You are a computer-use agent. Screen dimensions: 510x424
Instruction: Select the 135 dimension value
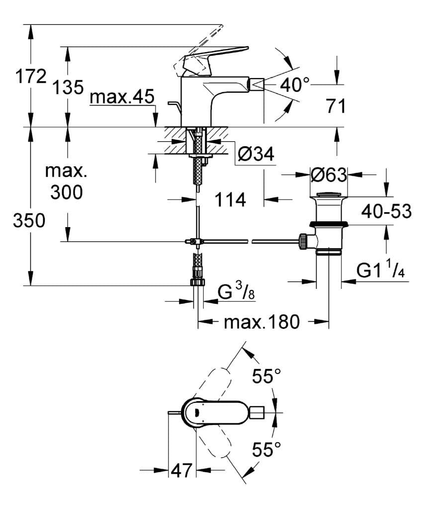pyautogui.click(x=68, y=88)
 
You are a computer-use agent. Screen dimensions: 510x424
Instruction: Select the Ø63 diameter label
pyautogui.click(x=328, y=175)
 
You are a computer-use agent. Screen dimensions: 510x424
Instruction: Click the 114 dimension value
pyautogui.click(x=230, y=200)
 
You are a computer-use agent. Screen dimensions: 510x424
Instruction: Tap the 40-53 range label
pyautogui.click(x=386, y=212)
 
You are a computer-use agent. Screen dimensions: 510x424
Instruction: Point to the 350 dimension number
pyautogui.click(x=29, y=221)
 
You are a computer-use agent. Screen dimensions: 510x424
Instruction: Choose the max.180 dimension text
pyautogui.click(x=261, y=322)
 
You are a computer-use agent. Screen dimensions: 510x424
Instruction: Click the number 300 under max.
pyautogui.click(x=67, y=192)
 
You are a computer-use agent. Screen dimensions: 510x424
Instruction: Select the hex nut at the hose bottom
pyautogui.click(x=198, y=282)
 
